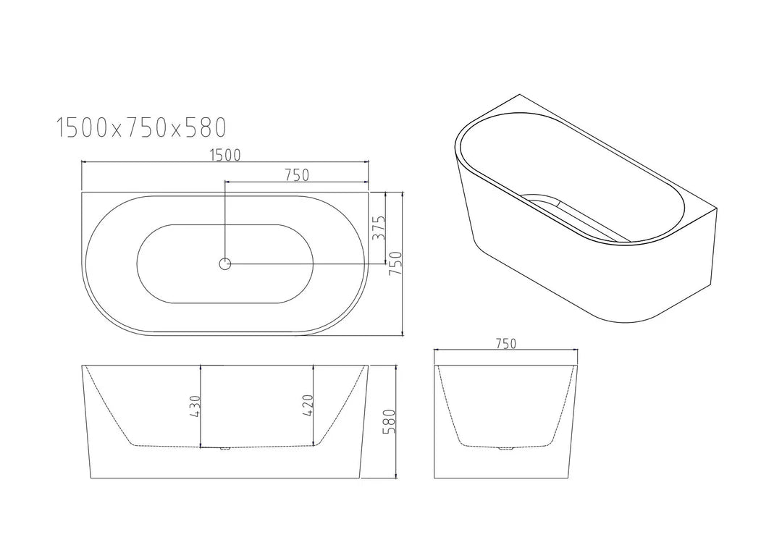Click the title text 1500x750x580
point(142,128)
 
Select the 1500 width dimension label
point(224,154)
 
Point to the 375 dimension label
point(377,229)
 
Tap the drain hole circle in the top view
point(224,264)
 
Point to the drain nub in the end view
point(505,449)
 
